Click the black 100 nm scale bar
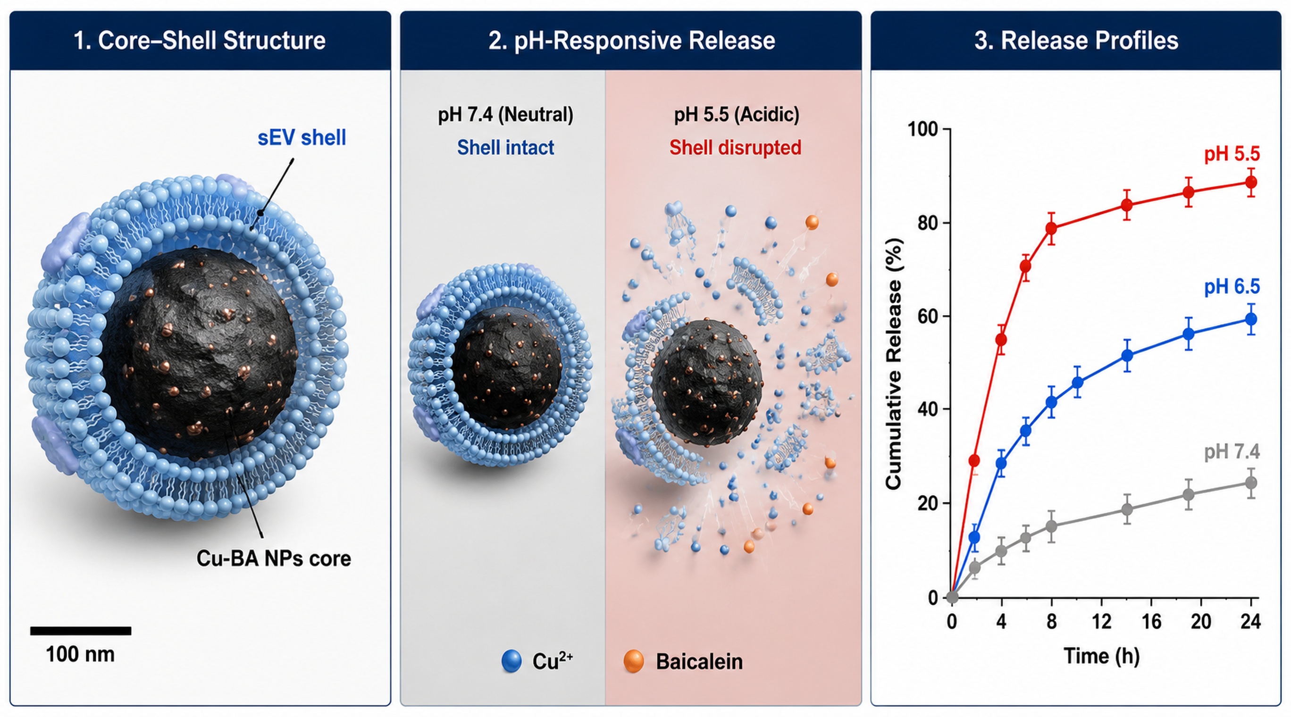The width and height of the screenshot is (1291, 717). point(81,631)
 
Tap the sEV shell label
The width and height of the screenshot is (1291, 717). point(302,138)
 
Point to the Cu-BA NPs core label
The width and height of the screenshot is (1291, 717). point(274,559)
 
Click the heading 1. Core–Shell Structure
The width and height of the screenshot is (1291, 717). point(200,41)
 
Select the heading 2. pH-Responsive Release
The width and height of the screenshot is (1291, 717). point(631,41)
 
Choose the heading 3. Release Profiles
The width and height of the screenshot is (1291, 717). point(1076,41)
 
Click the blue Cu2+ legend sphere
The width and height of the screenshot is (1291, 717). point(511,661)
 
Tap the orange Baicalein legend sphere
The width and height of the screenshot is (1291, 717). point(634,661)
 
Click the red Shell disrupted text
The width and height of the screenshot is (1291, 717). point(735,147)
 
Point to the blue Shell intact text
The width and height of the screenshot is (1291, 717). point(505,147)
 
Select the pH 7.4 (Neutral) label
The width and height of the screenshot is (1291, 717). point(506,115)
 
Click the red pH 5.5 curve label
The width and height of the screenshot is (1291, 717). point(1232,154)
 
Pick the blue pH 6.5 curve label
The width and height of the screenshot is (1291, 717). point(1232,287)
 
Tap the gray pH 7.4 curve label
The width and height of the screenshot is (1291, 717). point(1232,452)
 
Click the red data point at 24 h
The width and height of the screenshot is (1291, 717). point(1251,183)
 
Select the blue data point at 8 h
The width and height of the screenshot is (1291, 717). point(1051,402)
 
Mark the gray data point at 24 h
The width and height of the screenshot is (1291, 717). point(1251,483)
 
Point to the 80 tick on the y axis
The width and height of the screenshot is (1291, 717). point(928,223)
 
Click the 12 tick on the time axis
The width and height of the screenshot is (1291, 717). point(1102,622)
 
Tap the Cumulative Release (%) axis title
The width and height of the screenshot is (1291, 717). point(894,364)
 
